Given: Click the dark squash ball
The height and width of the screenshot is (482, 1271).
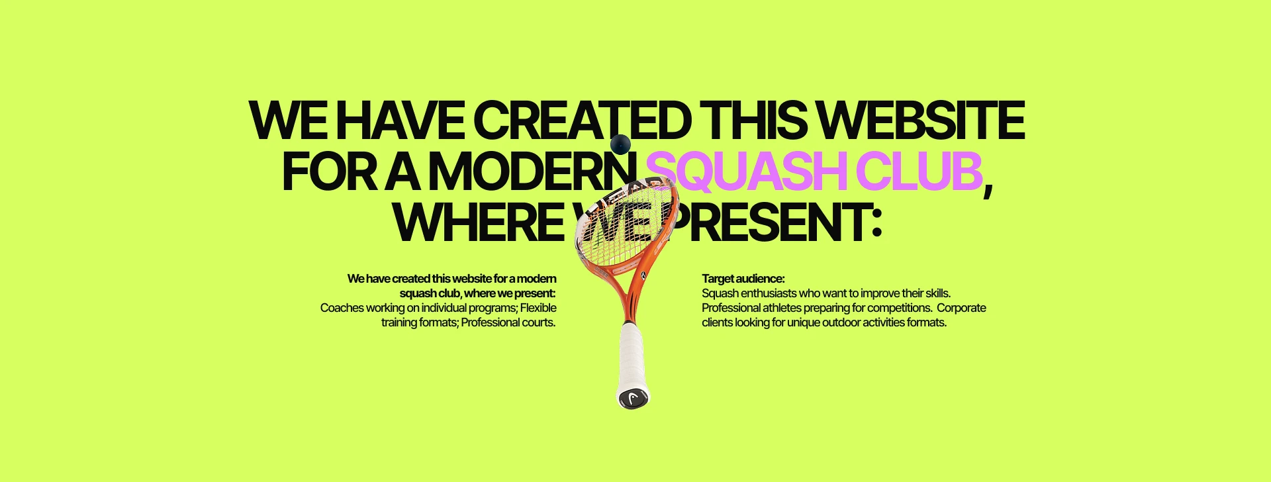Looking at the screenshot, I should pos(620,144).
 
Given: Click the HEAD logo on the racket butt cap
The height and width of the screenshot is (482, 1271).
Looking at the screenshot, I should pos(634,398).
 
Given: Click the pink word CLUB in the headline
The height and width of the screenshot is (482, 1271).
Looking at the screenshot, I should pos(919,171).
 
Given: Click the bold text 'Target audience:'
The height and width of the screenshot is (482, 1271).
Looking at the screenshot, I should pos(743,279).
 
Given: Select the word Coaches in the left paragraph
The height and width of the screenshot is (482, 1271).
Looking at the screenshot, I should pos(342,308).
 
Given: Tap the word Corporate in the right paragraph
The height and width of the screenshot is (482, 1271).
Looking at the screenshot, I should pos(961,308).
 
